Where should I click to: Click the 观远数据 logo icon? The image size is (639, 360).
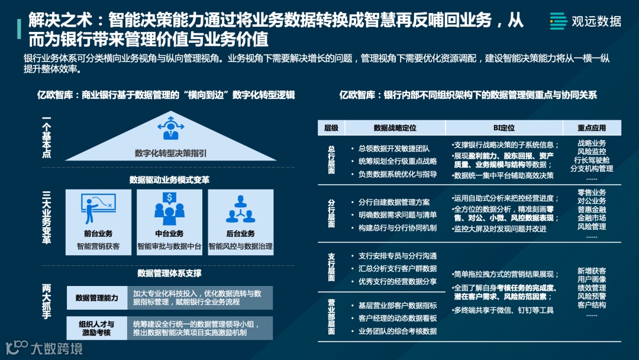tap(558, 21)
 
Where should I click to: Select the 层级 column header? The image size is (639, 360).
tap(331, 128)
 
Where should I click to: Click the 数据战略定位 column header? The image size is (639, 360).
tap(395, 128)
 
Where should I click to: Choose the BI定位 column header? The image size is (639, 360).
tap(504, 128)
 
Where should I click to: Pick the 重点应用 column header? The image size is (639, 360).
tap(592, 128)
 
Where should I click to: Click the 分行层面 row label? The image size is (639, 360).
tap(331, 213)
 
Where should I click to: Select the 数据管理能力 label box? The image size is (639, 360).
tap(96, 298)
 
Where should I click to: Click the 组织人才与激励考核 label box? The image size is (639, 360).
tap(96, 328)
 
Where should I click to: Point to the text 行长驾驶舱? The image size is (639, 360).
tap(592, 160)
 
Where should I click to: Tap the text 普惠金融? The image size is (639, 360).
tap(592, 210)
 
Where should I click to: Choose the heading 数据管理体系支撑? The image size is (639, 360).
tap(169, 274)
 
